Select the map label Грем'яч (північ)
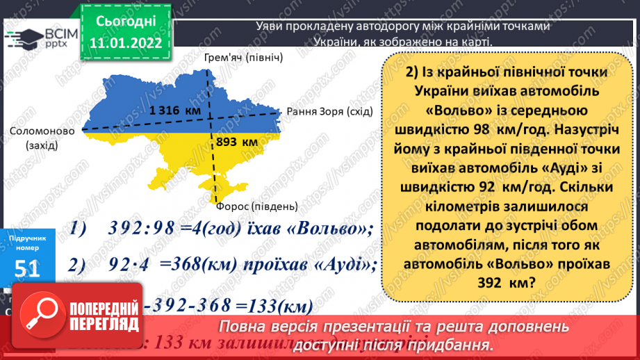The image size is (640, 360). coord(243,57)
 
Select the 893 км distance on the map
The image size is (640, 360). coord(236,142)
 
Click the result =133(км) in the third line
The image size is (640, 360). coord(274,306)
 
